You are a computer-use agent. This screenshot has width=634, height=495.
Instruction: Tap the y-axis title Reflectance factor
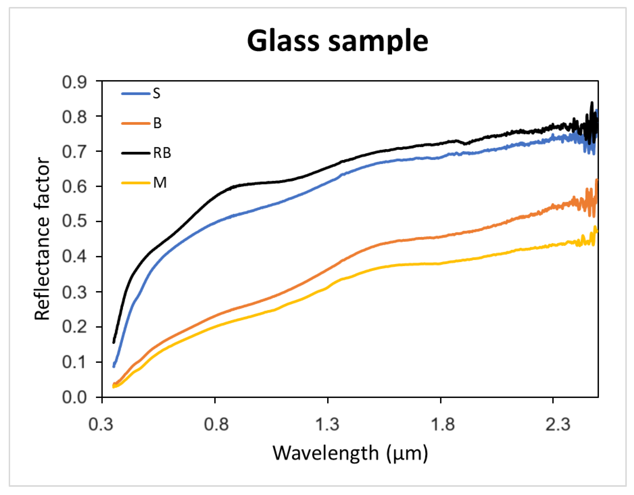click(42, 238)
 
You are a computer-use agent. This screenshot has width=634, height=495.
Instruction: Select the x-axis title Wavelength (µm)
click(350, 453)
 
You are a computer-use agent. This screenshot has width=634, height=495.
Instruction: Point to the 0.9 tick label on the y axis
click(74, 82)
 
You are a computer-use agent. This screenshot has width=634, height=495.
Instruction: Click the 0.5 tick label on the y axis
click(74, 221)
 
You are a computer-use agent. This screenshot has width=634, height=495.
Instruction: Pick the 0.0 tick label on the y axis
click(74, 397)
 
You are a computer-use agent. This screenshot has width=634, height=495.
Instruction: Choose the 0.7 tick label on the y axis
click(74, 152)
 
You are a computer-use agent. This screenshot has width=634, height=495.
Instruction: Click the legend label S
click(156, 93)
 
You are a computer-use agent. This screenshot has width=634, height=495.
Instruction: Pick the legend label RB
click(162, 153)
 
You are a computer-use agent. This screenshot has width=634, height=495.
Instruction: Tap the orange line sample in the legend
click(135, 123)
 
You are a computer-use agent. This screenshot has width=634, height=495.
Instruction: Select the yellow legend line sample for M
click(135, 183)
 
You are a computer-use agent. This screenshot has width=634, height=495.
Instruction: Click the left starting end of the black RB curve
click(114, 342)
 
